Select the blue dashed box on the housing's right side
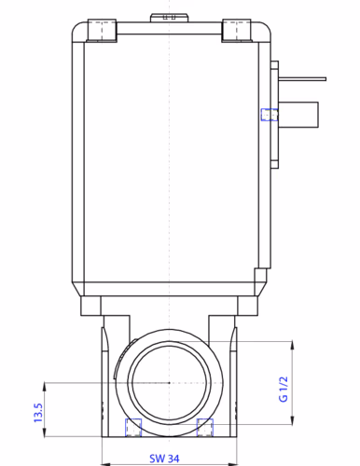pos(269,115)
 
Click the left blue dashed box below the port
pos(133,427)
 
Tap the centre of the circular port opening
pos(169,383)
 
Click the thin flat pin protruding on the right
pos(303,81)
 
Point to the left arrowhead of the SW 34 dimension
pos(104,446)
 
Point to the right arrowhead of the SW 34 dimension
pos(235,446)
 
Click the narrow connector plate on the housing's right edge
pos(274,115)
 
